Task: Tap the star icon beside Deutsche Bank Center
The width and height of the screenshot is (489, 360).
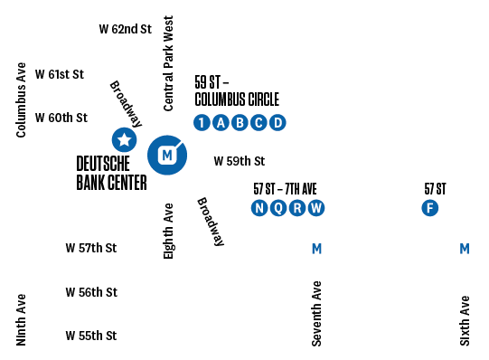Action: point(124,139)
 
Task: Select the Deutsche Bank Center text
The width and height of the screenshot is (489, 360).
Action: point(112,173)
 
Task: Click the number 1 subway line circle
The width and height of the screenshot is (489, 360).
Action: point(202,123)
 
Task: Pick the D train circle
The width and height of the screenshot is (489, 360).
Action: point(277,123)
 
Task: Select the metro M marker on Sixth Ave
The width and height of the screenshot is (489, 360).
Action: point(465,249)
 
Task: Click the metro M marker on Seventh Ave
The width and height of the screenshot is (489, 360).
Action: point(316,249)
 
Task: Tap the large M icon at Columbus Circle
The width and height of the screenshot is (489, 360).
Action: point(166,156)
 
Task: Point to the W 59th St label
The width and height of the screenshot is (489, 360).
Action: point(239,161)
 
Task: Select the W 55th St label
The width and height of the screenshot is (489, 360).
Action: point(91,336)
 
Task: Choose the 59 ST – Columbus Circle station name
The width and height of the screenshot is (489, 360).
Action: point(237,91)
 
